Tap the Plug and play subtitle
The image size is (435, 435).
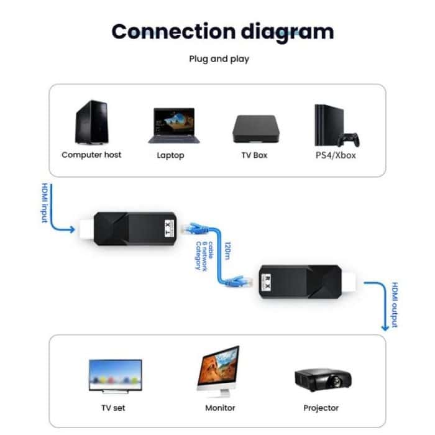pos(219,59)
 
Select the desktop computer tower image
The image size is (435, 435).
pos(92,122)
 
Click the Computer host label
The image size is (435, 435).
pos(91,155)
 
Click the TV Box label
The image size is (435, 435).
pos(254,155)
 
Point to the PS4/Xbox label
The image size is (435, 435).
pos(336,155)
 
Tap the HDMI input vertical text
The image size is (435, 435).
pos(44,204)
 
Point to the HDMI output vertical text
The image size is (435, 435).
pos(394,304)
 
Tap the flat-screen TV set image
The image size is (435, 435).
pos(115,375)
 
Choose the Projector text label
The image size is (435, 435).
pos(321,408)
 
